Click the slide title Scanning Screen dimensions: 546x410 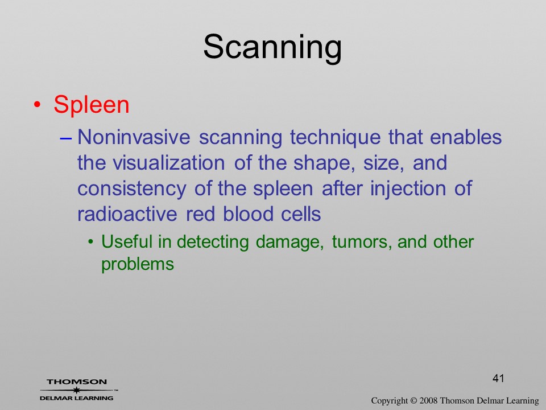click(x=272, y=47)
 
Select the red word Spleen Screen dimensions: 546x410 click(x=92, y=104)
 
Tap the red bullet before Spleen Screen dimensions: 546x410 click(x=38, y=105)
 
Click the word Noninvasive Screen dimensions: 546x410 click(x=134, y=137)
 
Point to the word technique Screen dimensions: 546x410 click(x=336, y=138)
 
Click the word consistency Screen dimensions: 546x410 click(x=131, y=189)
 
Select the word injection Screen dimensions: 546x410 click(x=408, y=189)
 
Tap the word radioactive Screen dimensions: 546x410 click(x=127, y=214)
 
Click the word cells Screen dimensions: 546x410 click(x=301, y=214)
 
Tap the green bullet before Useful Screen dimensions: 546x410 click(x=91, y=242)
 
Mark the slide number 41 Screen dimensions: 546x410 click(x=498, y=378)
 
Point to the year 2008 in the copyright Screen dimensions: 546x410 click(x=428, y=401)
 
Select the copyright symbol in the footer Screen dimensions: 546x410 click(x=413, y=401)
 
